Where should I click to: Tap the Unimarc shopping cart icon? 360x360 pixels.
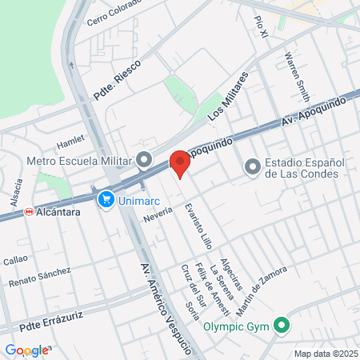pyautogui.click(x=105, y=198)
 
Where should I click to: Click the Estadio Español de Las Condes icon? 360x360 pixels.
pyautogui.click(x=253, y=166)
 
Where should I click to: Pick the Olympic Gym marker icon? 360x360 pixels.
pyautogui.click(x=281, y=326)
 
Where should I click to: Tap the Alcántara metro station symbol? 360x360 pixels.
pyautogui.click(x=29, y=213)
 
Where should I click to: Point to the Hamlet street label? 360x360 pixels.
pyautogui.click(x=70, y=142)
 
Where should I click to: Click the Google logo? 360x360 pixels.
pyautogui.click(x=26, y=350)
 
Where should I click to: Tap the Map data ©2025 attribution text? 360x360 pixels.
pyautogui.click(x=324, y=354)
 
